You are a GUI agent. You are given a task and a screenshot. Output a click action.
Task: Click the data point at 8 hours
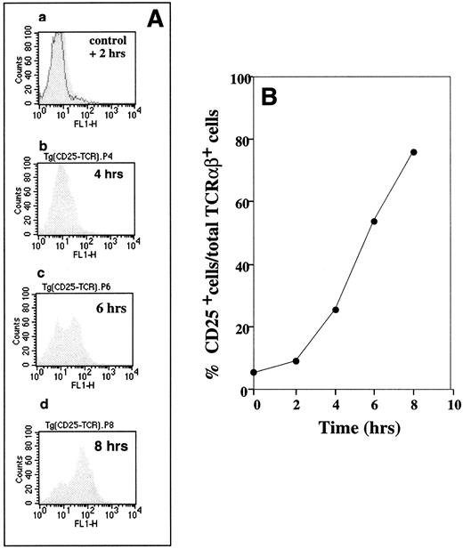pyautogui.click(x=414, y=152)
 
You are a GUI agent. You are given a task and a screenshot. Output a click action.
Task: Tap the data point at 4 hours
pyautogui.click(x=335, y=310)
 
